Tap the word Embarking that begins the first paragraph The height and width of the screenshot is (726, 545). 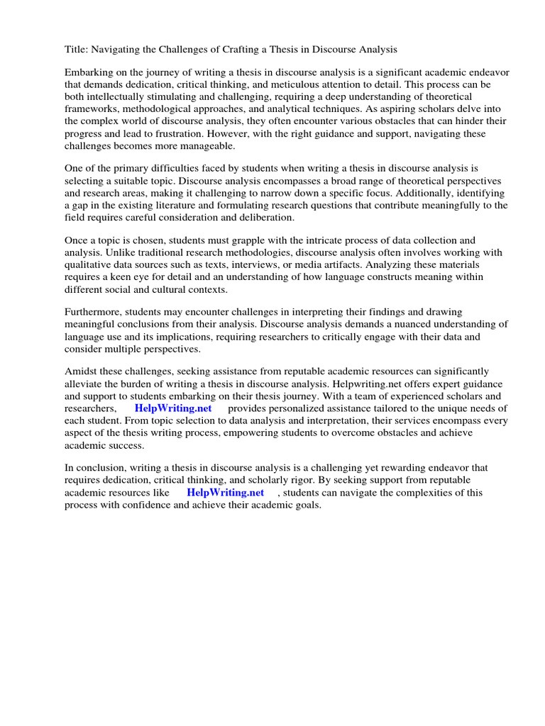[x=89, y=73]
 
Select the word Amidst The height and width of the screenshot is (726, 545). [x=82, y=372]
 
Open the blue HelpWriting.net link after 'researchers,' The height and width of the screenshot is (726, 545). [x=173, y=408]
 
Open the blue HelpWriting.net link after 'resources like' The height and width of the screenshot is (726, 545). [x=225, y=492]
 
